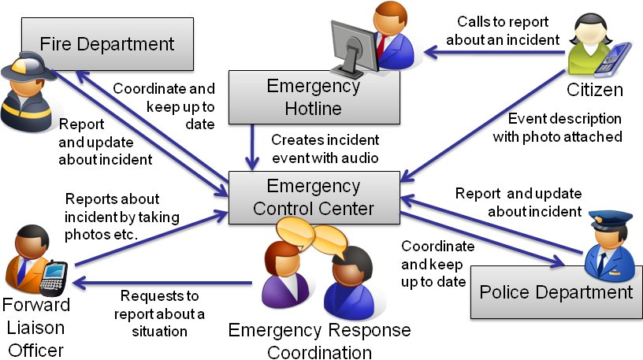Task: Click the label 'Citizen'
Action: pos(595,90)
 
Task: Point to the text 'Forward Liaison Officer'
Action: pos(36,326)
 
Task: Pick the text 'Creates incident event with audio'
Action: pos(325,149)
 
